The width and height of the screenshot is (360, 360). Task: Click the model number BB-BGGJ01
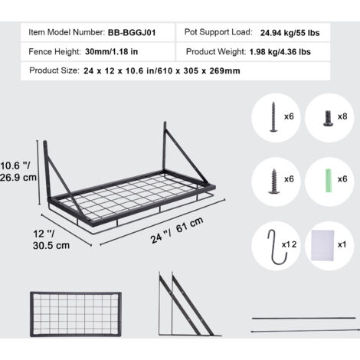(132, 33)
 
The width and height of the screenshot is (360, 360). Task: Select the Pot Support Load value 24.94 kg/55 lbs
(290, 33)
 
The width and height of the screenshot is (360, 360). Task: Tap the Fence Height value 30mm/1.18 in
(111, 51)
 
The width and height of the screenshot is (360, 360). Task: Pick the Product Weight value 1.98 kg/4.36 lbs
(280, 52)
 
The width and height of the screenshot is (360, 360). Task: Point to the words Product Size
(54, 70)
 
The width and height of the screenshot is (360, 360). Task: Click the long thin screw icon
(273, 116)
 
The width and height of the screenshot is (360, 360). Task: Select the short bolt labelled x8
(328, 118)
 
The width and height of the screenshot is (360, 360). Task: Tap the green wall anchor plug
(329, 181)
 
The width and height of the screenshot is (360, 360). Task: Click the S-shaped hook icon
(277, 247)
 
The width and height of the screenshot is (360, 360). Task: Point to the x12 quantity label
(289, 244)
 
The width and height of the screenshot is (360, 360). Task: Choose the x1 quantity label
(342, 244)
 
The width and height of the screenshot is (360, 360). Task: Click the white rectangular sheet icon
(322, 245)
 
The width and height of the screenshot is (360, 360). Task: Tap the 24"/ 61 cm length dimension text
(177, 231)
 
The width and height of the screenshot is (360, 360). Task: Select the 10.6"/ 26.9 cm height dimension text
(18, 172)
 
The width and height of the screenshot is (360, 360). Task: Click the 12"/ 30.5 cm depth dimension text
(51, 240)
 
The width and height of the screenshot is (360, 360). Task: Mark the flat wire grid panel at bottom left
(76, 314)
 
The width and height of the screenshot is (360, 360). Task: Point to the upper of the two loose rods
(303, 318)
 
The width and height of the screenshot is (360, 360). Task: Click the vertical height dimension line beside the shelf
(38, 172)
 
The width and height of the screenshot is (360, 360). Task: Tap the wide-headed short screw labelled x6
(274, 182)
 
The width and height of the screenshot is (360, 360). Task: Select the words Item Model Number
(67, 32)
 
